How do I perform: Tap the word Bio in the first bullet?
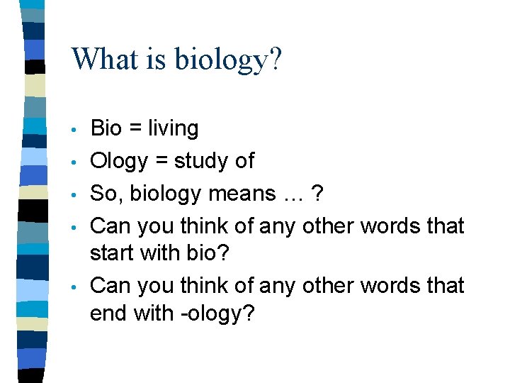click(106, 128)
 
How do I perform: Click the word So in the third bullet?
click(105, 194)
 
